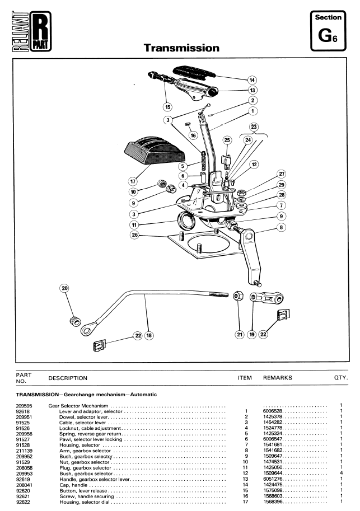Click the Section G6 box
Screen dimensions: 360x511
328,31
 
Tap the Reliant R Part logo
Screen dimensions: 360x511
31,31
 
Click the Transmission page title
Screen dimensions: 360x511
181,48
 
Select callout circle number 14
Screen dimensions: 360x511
252,80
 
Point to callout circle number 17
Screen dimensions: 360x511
133,181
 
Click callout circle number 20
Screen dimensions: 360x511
65,288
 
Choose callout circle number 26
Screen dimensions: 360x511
134,235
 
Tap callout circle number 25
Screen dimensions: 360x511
227,140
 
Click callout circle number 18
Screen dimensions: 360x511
149,335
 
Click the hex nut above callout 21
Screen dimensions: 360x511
238,296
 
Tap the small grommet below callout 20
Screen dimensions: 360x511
76,321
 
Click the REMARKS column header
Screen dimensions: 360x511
278,378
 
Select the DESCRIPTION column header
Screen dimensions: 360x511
68,378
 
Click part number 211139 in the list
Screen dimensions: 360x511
24,451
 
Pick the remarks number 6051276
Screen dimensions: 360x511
273,479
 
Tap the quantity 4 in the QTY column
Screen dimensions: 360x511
342,473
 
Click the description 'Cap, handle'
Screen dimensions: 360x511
73,485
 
